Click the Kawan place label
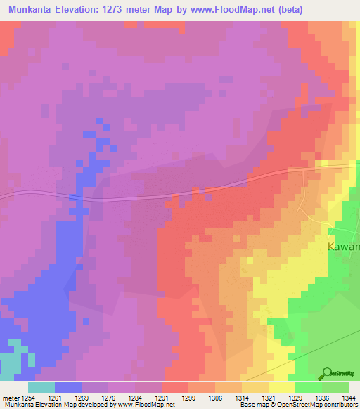coord(344,247)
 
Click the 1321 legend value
coord(268,397)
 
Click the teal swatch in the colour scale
coord(41,387)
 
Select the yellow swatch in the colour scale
coord(281,387)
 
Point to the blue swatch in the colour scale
coord(68,387)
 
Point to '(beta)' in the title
coord(338,9)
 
